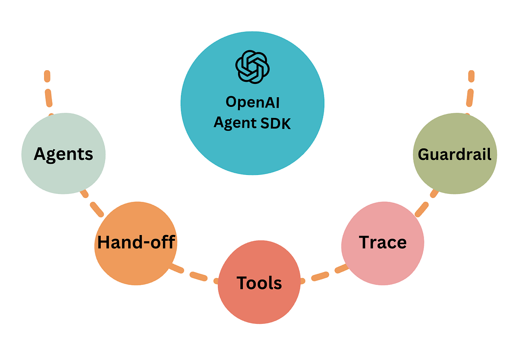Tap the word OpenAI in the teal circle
tap(253, 102)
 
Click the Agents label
tap(64, 154)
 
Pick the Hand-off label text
tap(136, 242)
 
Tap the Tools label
tap(259, 282)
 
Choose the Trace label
tap(382, 242)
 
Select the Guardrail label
tap(454, 154)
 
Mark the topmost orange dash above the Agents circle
tap(47, 76)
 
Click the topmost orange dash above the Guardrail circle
tap(471, 76)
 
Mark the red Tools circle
tap(259, 305)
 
